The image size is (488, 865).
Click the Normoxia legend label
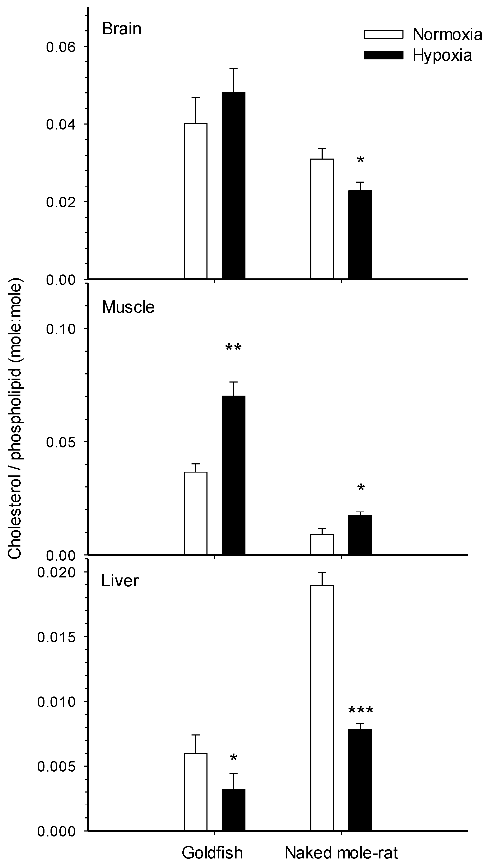(x=447, y=34)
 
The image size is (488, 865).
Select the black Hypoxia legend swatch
(x=383, y=55)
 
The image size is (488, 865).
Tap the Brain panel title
(x=122, y=29)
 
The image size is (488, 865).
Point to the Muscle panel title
(x=128, y=307)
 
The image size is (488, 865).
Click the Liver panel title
(x=120, y=581)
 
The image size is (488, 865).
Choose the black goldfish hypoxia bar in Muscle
(x=233, y=475)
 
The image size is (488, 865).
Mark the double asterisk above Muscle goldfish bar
(x=233, y=347)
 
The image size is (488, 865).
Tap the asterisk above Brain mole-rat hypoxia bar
(x=360, y=160)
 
